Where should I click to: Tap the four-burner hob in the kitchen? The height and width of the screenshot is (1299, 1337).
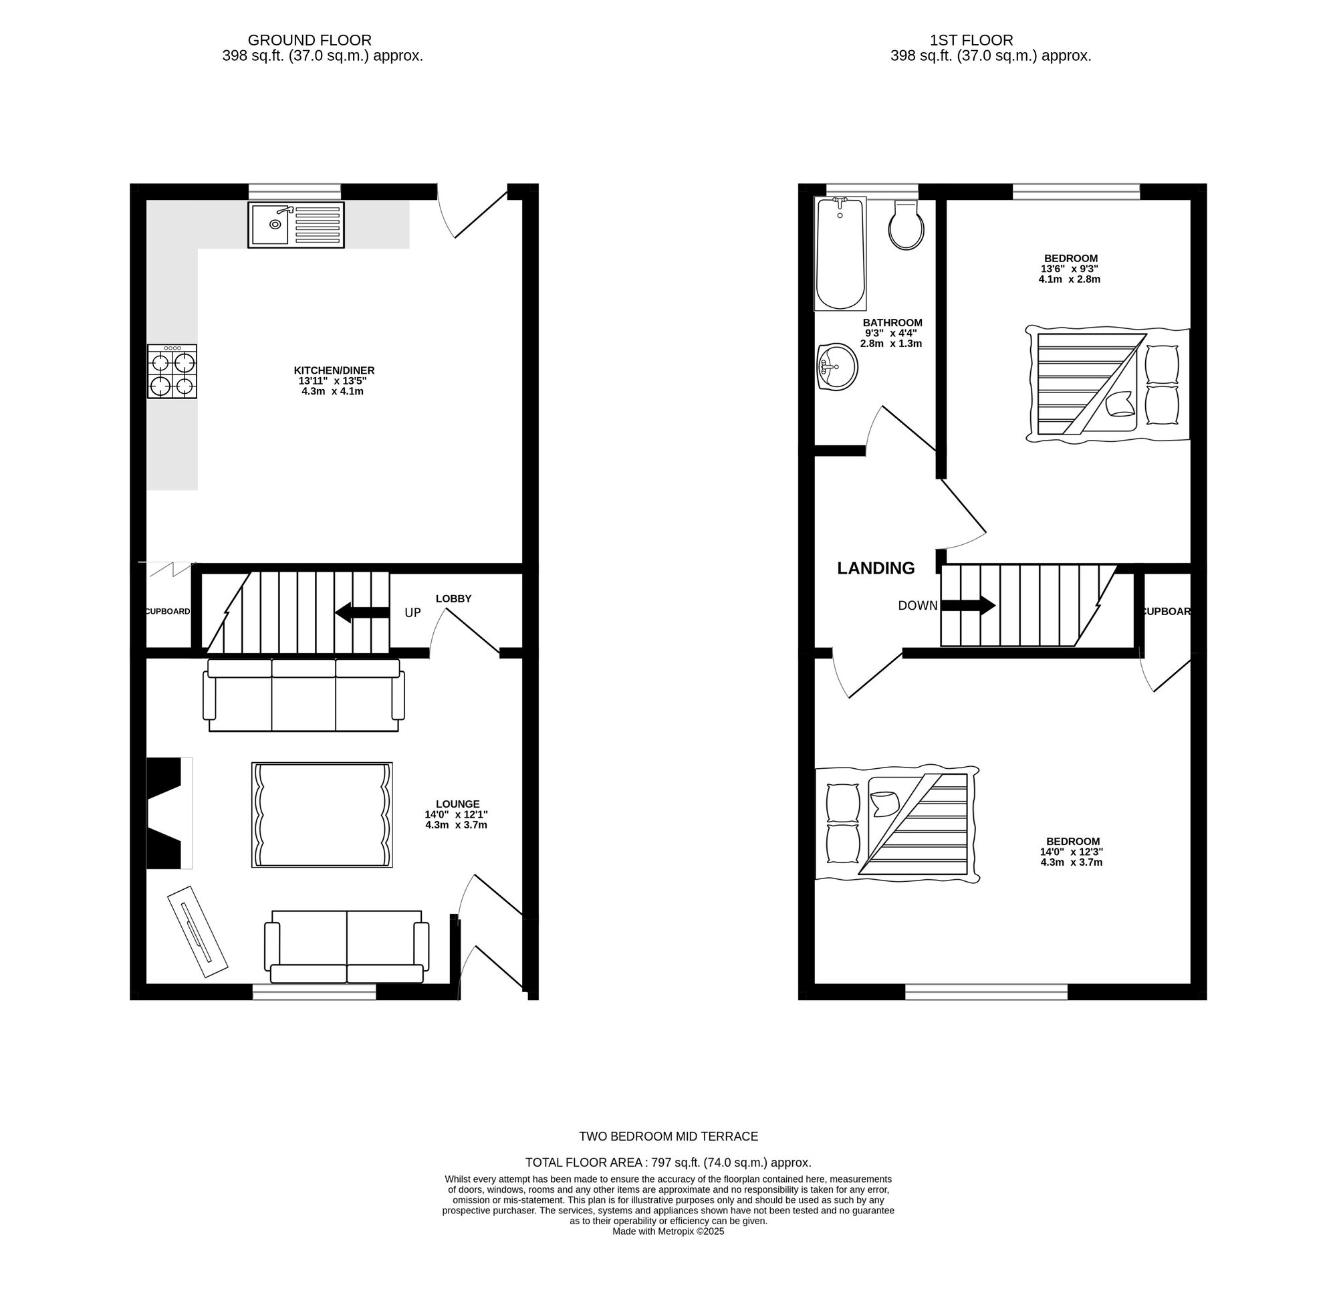pyautogui.click(x=172, y=371)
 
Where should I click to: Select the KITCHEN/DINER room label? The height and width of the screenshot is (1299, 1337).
pyautogui.click(x=334, y=370)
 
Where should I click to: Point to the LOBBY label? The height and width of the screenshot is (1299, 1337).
pyautogui.click(x=454, y=599)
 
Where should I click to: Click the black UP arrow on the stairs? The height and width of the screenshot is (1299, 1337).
pyautogui.click(x=362, y=612)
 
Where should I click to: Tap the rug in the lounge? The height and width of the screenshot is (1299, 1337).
pyautogui.click(x=322, y=814)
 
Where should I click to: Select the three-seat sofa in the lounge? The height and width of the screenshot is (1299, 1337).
pyautogui.click(x=303, y=695)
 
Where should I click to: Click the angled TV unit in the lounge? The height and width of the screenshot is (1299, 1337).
pyautogui.click(x=198, y=931)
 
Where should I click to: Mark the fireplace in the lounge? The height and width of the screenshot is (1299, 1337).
pyautogui.click(x=169, y=812)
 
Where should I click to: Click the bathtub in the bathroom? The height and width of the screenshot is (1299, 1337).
pyautogui.click(x=840, y=254)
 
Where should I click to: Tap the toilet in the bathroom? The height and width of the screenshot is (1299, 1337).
pyautogui.click(x=906, y=225)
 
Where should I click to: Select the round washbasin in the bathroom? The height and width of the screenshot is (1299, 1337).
pyautogui.click(x=837, y=367)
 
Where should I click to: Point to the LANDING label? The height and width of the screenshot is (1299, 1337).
pyautogui.click(x=876, y=568)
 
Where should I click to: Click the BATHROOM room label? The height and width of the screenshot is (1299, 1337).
pyautogui.click(x=892, y=323)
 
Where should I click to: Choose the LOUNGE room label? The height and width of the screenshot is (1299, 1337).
pyautogui.click(x=458, y=804)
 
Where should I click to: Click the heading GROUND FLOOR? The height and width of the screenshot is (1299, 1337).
pyautogui.click(x=310, y=40)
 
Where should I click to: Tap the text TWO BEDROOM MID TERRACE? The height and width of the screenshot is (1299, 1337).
pyautogui.click(x=668, y=1136)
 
